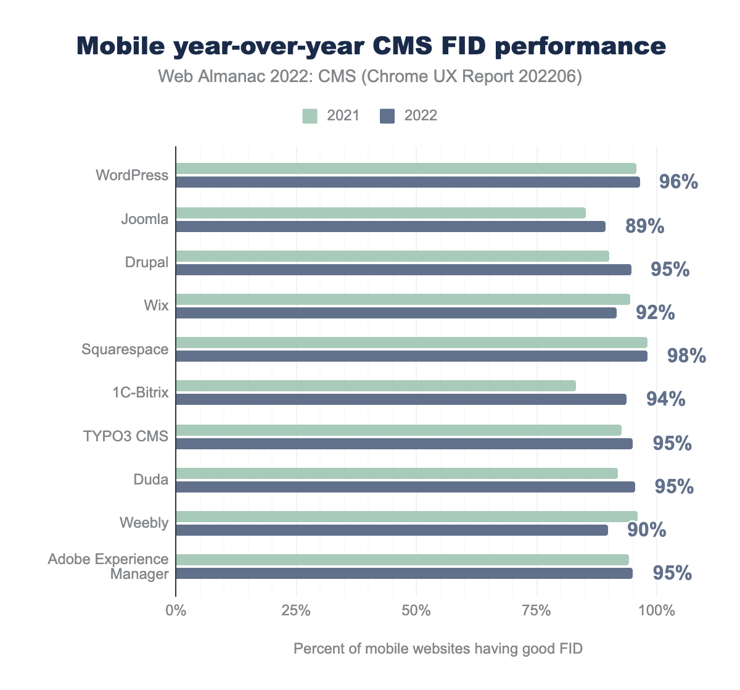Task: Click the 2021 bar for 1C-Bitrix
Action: click(x=376, y=386)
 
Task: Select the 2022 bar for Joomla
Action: click(x=390, y=227)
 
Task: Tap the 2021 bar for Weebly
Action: click(x=406, y=517)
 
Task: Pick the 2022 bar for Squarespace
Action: click(x=411, y=356)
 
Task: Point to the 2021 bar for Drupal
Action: click(x=392, y=256)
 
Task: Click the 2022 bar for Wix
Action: click(x=396, y=313)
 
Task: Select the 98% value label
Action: click(x=686, y=356)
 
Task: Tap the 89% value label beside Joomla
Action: click(x=644, y=227)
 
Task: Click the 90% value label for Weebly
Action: click(x=646, y=530)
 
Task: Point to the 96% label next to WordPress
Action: click(x=678, y=182)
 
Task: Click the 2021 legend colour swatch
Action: click(x=310, y=115)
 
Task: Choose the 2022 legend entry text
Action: click(x=421, y=115)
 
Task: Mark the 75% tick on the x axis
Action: click(x=536, y=611)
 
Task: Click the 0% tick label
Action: click(x=176, y=611)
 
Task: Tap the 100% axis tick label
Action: click(x=657, y=611)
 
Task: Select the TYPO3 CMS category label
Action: click(x=126, y=436)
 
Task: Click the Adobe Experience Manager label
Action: click(x=109, y=567)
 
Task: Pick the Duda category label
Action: click(x=151, y=480)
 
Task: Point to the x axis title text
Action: click(x=438, y=649)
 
